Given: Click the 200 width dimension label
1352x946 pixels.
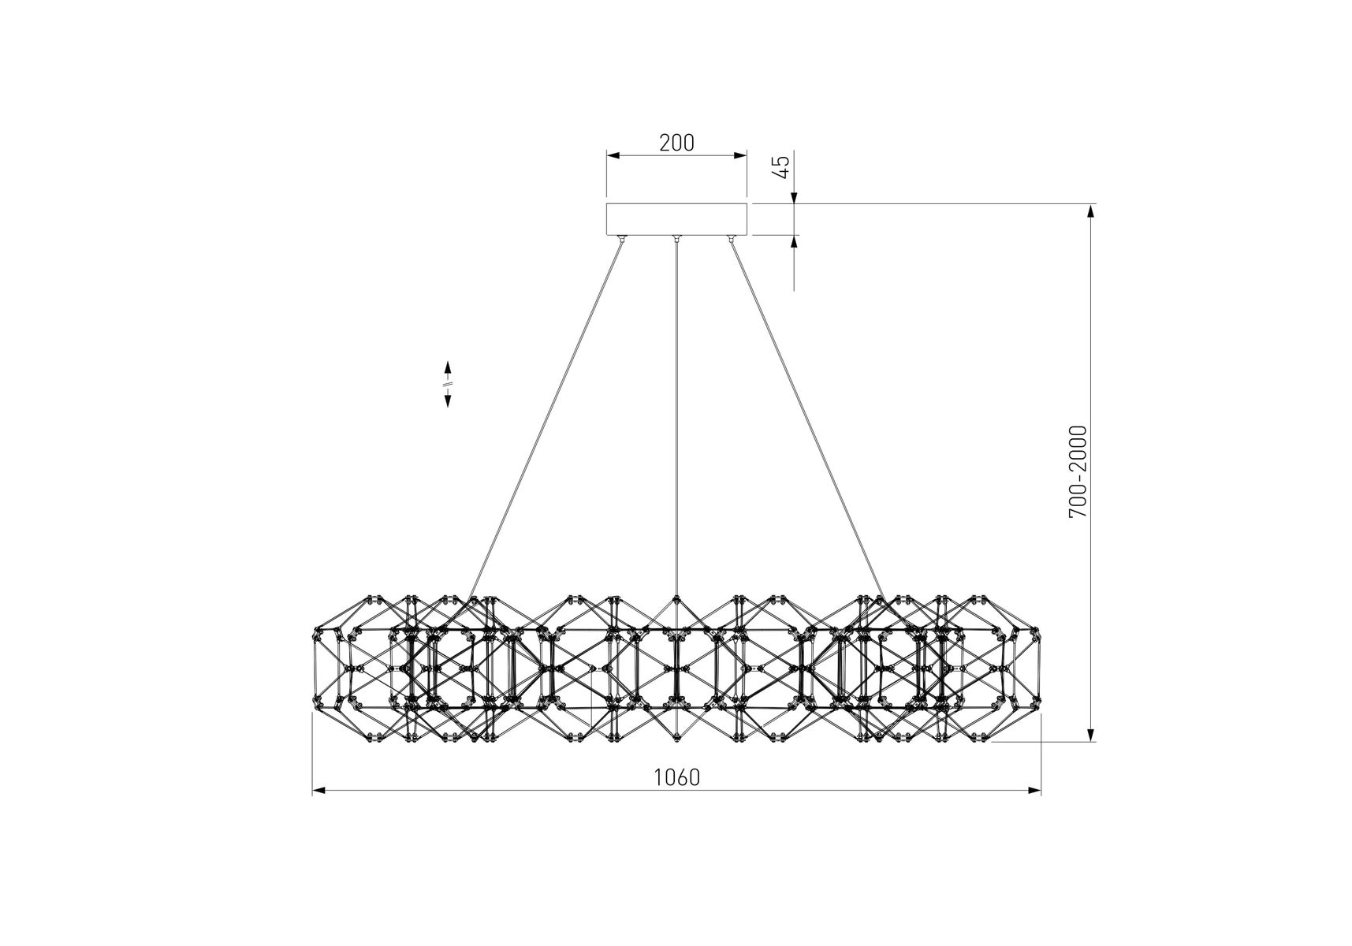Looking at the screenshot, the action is coord(676,143).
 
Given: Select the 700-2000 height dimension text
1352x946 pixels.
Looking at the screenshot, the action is coord(1078,471).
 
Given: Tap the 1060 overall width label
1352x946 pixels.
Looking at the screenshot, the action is coord(676,777).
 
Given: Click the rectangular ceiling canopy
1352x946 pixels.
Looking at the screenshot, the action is coord(676,219).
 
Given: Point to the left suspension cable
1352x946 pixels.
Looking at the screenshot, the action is coord(544,420).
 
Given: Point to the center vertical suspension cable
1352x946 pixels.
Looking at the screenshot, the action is coord(676,418).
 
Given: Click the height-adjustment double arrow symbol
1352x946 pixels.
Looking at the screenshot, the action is coord(448,384).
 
